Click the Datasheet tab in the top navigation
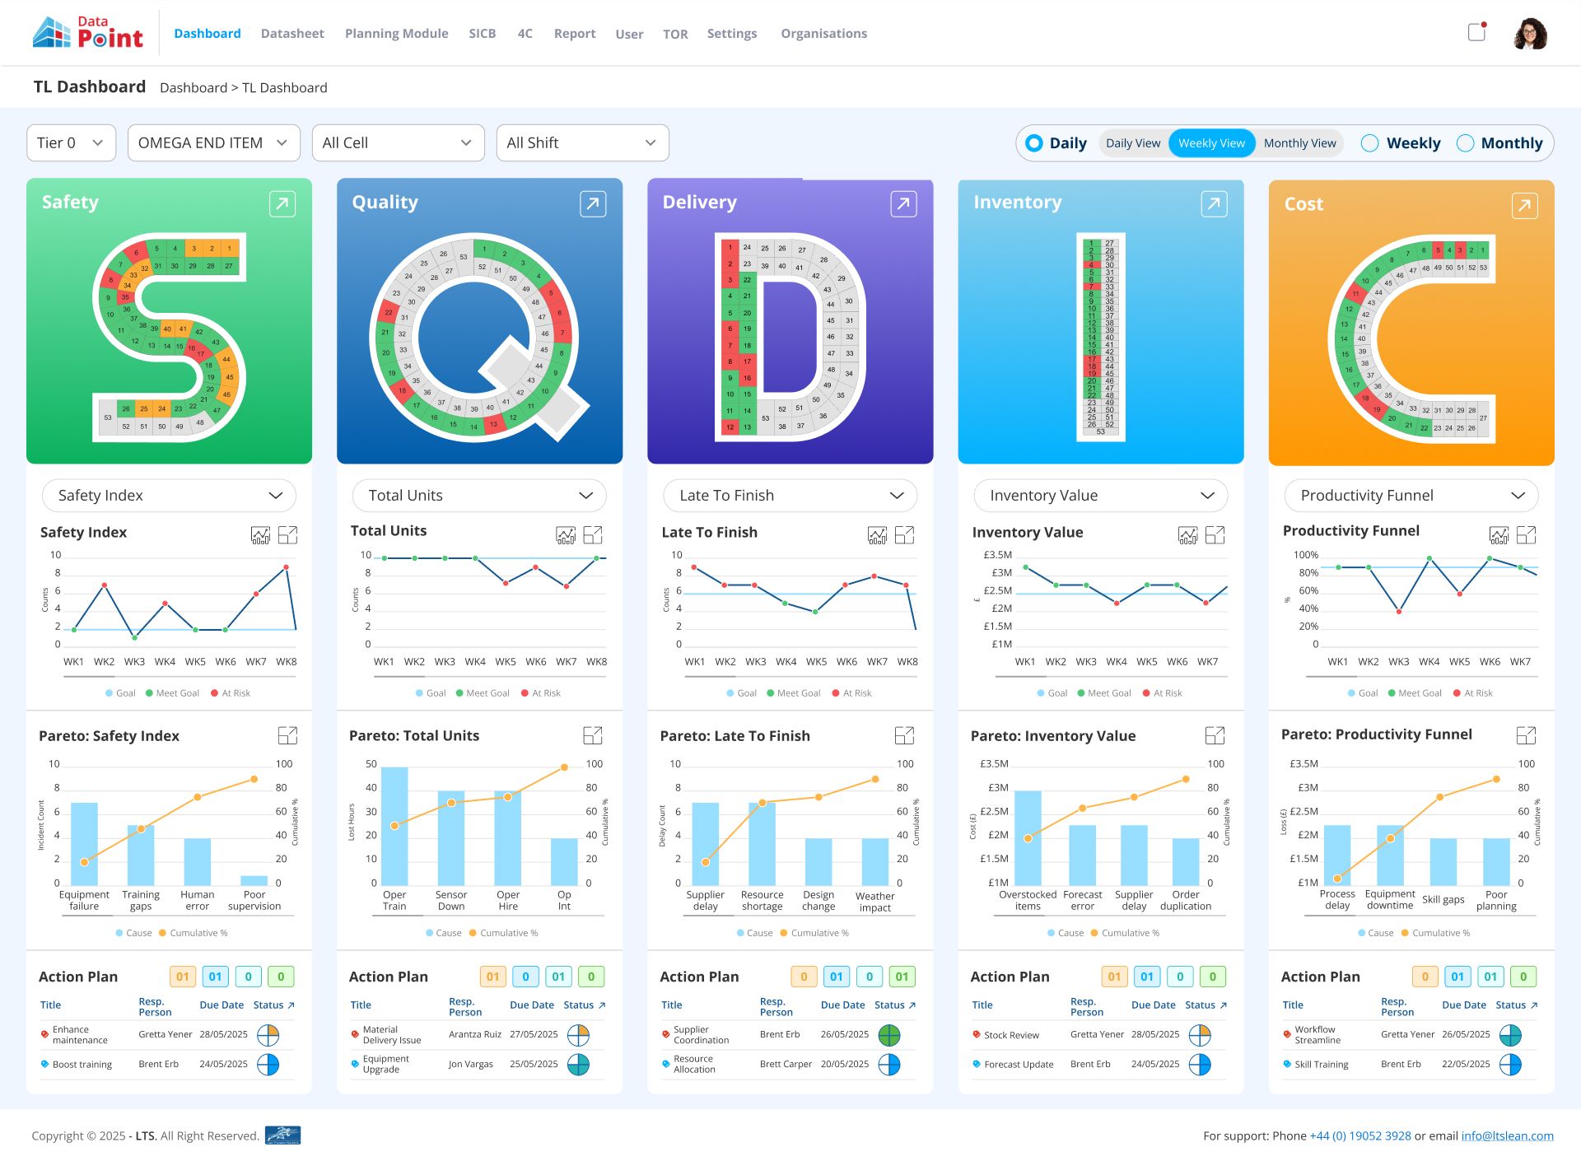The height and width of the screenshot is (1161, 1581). click(x=292, y=34)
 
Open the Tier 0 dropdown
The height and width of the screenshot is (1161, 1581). click(x=71, y=143)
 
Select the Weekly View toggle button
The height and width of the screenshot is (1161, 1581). click(x=1211, y=143)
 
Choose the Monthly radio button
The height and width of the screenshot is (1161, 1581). click(x=1466, y=143)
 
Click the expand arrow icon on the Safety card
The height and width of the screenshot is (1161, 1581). click(x=282, y=203)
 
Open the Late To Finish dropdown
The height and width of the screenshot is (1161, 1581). click(x=790, y=496)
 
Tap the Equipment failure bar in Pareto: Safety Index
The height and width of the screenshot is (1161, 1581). click(x=84, y=843)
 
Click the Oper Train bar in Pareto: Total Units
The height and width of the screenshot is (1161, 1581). click(x=394, y=825)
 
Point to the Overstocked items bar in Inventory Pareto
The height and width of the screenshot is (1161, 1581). click(x=1028, y=837)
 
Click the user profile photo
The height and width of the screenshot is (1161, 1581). click(x=1530, y=34)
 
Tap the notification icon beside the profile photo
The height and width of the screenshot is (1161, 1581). click(x=1477, y=32)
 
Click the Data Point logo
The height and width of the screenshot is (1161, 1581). click(x=87, y=34)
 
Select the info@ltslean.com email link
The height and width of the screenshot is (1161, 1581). click(x=1507, y=1136)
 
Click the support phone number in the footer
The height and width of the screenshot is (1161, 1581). click(x=1360, y=1136)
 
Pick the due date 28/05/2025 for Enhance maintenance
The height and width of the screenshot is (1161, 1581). click(x=223, y=1034)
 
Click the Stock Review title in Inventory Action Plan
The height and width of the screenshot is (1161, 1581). click(x=1011, y=1036)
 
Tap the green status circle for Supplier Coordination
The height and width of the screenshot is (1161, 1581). click(x=889, y=1035)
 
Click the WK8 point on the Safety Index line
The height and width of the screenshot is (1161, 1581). click(x=287, y=567)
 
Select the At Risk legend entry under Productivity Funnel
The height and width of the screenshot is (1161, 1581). click(x=1473, y=693)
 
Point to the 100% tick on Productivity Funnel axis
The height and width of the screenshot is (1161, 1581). click(x=1306, y=556)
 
